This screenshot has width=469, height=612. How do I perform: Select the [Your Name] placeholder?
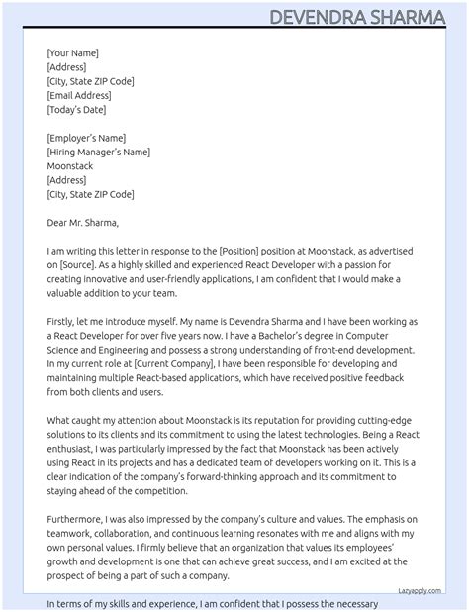[x=72, y=53]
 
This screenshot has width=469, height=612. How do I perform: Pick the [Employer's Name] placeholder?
[x=86, y=138]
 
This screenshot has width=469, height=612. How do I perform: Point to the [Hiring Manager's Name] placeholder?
[x=99, y=152]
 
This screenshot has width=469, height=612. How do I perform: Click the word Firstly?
[x=64, y=322]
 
